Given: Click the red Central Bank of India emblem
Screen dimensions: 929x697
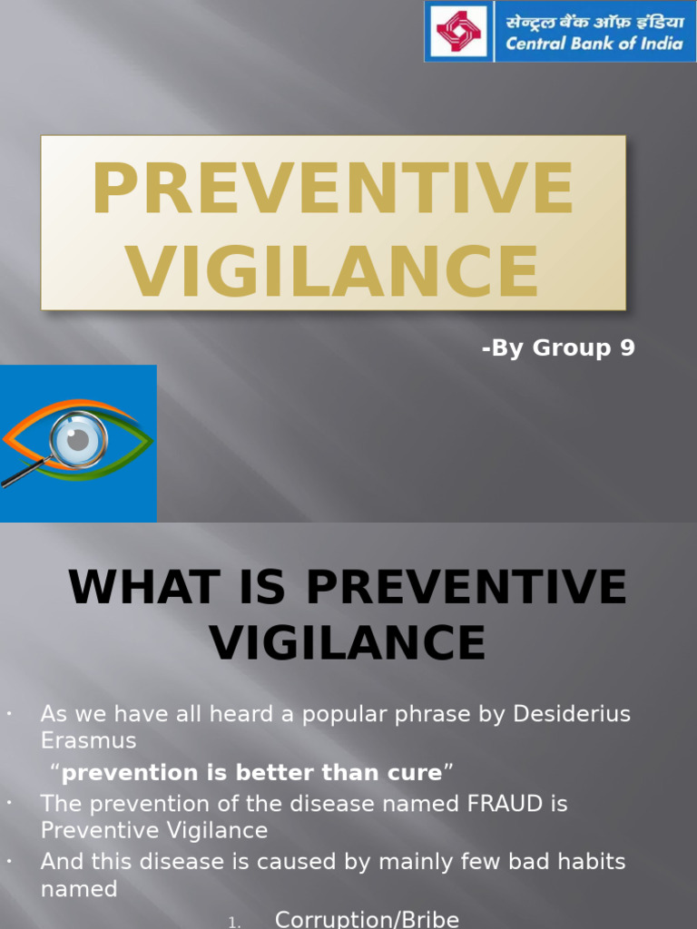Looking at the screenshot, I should pyautogui.click(x=458, y=31).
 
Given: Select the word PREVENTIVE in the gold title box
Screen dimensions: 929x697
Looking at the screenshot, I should pyautogui.click(x=333, y=189).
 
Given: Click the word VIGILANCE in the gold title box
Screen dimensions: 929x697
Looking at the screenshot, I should pyautogui.click(x=333, y=270).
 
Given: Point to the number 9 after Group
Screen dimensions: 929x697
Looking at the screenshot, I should pyautogui.click(x=626, y=347).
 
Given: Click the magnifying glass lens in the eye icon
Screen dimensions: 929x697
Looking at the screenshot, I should pyautogui.click(x=78, y=440).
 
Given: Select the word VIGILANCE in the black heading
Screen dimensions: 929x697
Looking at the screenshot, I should pyautogui.click(x=348, y=643).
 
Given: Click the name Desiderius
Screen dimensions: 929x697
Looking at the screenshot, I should pyautogui.click(x=572, y=714).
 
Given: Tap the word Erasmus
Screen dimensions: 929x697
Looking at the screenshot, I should pyautogui.click(x=88, y=740).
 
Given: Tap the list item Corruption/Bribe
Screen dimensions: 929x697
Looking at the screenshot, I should pyautogui.click(x=367, y=920).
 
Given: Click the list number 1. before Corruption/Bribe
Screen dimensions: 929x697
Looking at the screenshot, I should pyautogui.click(x=234, y=923).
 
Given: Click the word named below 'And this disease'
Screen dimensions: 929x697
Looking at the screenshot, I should pyautogui.click(x=79, y=889).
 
